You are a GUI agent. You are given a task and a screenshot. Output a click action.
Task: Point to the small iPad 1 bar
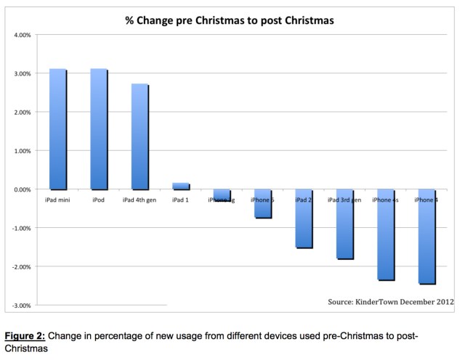pos(180,187)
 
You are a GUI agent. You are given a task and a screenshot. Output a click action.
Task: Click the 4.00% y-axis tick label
pos(21,35)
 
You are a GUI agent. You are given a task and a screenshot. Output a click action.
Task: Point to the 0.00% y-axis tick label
pos(21,189)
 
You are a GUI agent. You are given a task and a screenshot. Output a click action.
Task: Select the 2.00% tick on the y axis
pos(21,112)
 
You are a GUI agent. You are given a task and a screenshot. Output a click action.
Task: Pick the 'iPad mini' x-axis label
pos(57,198)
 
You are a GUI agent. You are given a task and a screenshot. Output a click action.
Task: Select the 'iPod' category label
pos(99,198)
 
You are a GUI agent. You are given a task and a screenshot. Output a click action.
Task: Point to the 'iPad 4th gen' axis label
pos(139,198)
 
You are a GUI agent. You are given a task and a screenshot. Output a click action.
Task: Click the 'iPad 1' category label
pos(180,198)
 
